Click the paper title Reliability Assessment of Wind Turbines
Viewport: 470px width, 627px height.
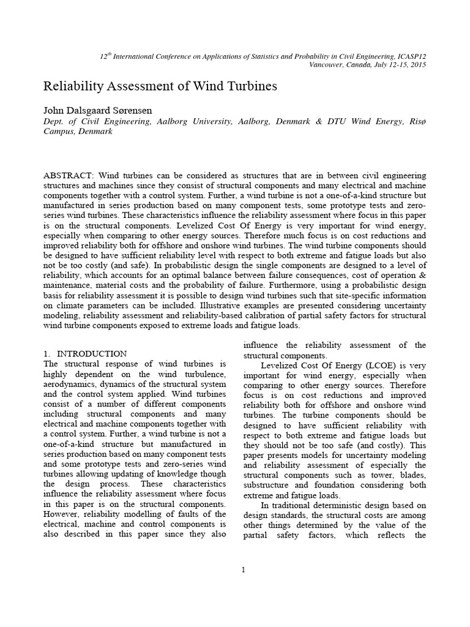click(160, 86)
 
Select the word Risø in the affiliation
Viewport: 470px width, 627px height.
click(416, 122)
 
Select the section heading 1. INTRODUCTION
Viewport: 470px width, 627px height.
click(86, 354)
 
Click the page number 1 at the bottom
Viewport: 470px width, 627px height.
click(243, 570)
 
